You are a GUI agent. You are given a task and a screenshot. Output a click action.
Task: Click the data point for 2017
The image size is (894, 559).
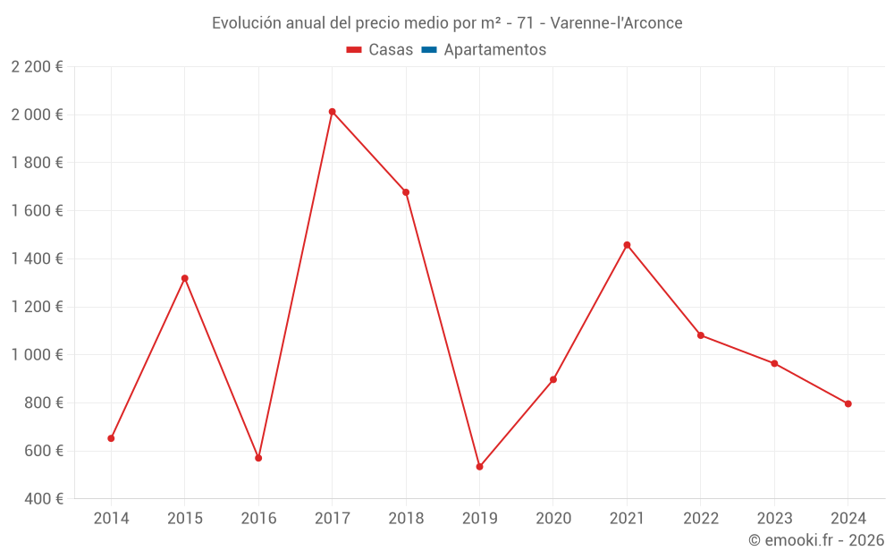(x=332, y=112)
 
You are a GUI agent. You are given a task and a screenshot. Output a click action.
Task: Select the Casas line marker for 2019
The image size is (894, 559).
(x=479, y=467)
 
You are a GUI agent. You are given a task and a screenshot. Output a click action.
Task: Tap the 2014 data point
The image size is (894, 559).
(x=111, y=438)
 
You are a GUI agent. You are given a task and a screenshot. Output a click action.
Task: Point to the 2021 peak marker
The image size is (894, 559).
(x=627, y=245)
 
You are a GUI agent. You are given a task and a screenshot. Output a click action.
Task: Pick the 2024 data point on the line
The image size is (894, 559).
(x=848, y=403)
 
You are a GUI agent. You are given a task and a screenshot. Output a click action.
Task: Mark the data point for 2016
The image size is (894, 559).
(x=258, y=458)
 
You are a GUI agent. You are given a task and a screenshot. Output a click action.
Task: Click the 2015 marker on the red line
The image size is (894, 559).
(x=185, y=278)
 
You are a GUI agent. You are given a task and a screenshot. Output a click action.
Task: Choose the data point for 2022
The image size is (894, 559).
(x=701, y=335)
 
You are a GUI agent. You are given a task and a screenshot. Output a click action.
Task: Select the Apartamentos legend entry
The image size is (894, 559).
(x=494, y=50)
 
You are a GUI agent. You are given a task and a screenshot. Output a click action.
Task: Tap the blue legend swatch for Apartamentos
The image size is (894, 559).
(x=428, y=50)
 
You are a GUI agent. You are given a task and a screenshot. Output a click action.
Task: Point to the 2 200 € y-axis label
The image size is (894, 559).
(x=37, y=67)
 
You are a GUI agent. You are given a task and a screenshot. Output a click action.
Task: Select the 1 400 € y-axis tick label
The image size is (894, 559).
(x=37, y=259)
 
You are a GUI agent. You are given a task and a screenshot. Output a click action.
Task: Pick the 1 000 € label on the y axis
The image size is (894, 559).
(x=37, y=355)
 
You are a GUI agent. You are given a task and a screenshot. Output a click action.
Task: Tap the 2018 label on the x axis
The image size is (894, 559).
(x=406, y=519)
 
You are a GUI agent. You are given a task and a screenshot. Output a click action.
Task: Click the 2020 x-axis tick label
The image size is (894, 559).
(x=553, y=519)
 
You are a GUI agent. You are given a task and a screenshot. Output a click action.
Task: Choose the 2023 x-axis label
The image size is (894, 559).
(x=774, y=519)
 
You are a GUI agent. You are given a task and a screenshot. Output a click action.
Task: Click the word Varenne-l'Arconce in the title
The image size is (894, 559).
(x=616, y=23)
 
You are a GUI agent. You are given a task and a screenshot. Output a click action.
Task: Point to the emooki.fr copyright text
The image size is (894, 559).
(x=816, y=540)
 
